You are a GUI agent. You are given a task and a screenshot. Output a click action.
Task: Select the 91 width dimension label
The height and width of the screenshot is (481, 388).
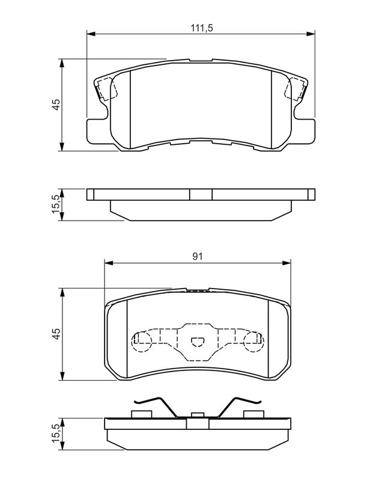pyautogui.click(x=197, y=256)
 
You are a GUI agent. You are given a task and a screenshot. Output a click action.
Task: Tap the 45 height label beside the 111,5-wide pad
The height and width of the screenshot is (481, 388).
pyautogui.click(x=56, y=105)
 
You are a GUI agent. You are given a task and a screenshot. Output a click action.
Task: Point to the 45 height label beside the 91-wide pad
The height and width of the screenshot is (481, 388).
pyautogui.click(x=56, y=334)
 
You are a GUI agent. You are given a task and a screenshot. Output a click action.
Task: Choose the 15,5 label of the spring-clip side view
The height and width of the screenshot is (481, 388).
pyautogui.click(x=56, y=434)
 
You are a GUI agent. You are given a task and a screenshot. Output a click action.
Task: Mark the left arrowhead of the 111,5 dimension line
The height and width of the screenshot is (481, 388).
pyautogui.click(x=91, y=32)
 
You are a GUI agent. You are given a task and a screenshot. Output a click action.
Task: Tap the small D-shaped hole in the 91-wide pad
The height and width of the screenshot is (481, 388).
pyautogui.click(x=197, y=342)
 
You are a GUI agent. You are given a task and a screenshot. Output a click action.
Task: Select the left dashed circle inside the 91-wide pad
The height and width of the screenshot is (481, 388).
pyautogui.click(x=141, y=342)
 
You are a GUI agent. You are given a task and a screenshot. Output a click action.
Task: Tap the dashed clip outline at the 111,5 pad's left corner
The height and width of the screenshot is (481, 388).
pyautogui.click(x=106, y=89)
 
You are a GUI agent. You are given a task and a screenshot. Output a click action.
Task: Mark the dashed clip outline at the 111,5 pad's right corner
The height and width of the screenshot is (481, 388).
pyautogui.click(x=296, y=89)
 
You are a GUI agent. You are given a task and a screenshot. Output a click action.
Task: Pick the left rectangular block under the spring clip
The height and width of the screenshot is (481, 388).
pyautogui.click(x=140, y=413)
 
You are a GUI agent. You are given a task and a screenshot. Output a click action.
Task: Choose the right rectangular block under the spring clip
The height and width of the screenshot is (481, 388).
pyautogui.click(x=254, y=413)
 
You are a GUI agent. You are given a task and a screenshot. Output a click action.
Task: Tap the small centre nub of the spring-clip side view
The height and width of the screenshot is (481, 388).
pyautogui.click(x=196, y=414)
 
